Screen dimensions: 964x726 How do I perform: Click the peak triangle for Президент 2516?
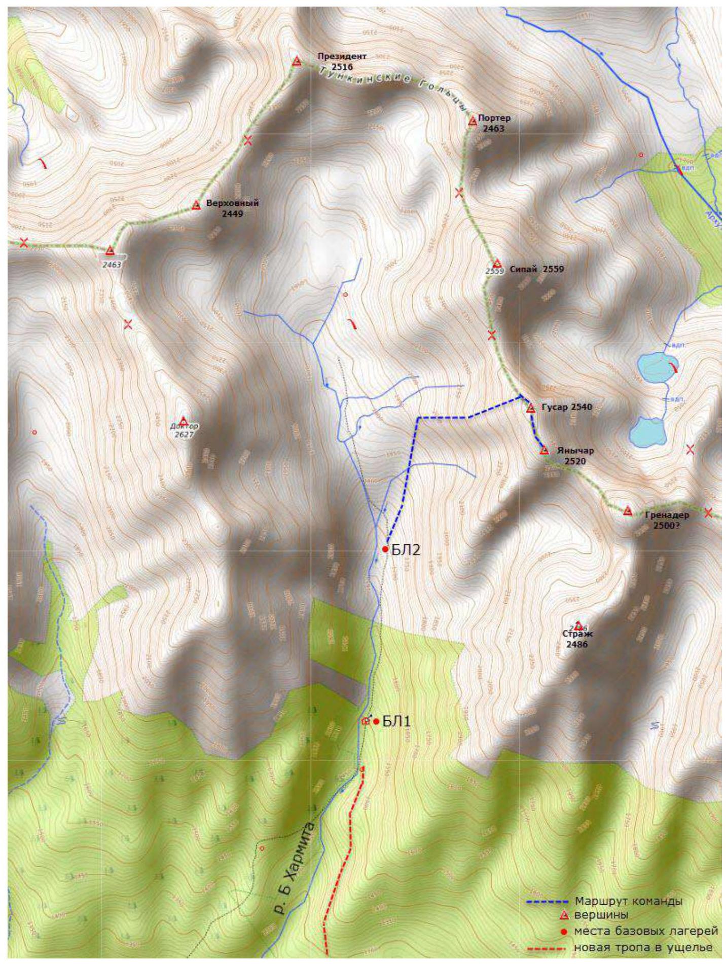[x=297, y=62]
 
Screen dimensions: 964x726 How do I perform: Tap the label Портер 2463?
[x=494, y=123]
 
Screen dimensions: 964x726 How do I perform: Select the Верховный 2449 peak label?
[x=232, y=208]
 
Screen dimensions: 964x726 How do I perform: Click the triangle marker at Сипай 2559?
[x=497, y=264]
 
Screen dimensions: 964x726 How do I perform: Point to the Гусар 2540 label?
[x=566, y=407]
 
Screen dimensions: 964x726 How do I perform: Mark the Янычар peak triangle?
[x=544, y=450]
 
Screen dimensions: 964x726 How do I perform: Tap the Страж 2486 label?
[x=577, y=639]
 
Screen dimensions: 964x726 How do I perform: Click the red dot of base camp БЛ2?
[x=385, y=549]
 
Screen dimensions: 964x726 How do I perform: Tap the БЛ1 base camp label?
[x=396, y=721]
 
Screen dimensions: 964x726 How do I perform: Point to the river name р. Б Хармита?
[x=295, y=854]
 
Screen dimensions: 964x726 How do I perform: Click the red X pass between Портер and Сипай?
[x=459, y=193]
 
